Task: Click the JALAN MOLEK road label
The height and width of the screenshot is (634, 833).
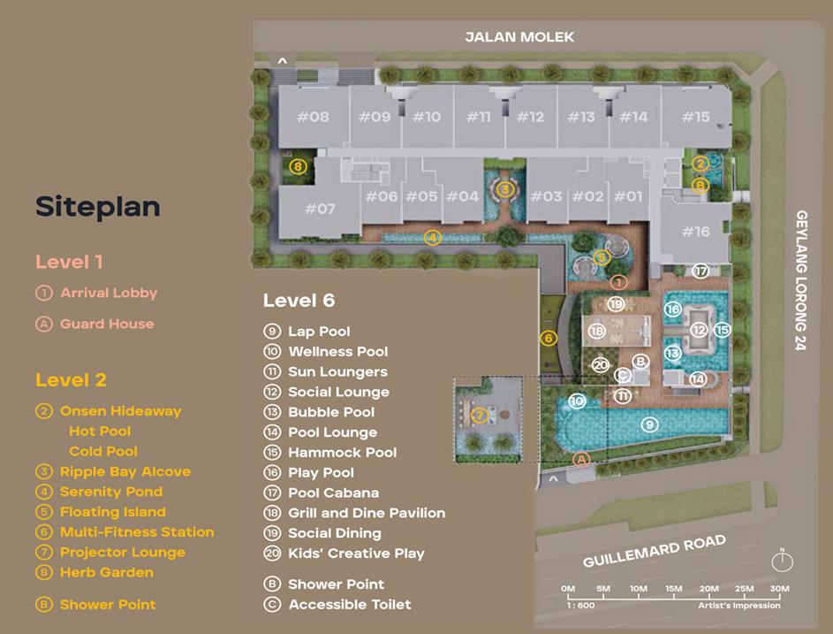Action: click(x=519, y=37)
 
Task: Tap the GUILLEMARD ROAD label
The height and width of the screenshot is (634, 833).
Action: click(x=655, y=551)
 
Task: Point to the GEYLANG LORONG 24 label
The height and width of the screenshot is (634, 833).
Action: click(x=801, y=280)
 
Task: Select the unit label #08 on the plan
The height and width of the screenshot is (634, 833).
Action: click(x=313, y=117)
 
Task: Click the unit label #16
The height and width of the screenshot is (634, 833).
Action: click(x=696, y=232)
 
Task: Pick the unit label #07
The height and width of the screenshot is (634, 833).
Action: click(x=320, y=209)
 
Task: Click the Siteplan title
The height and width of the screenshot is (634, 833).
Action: click(x=98, y=206)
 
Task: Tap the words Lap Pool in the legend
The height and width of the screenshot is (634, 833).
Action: click(x=319, y=332)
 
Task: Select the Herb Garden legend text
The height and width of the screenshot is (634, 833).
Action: click(x=107, y=572)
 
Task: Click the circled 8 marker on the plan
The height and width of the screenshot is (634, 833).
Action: click(x=298, y=166)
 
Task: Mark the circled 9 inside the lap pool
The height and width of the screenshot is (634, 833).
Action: click(x=649, y=424)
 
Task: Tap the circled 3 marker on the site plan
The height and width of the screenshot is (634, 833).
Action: click(x=504, y=189)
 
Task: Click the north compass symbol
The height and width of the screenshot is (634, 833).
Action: click(x=782, y=561)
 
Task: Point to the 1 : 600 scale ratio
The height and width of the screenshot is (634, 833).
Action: click(x=580, y=606)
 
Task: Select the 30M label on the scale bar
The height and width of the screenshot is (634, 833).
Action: click(x=779, y=588)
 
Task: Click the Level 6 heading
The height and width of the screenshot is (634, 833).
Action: click(x=299, y=301)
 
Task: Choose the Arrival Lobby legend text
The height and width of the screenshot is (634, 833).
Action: click(x=109, y=293)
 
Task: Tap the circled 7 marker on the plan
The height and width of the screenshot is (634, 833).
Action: click(x=480, y=415)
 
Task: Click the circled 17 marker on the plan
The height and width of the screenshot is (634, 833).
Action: click(x=701, y=271)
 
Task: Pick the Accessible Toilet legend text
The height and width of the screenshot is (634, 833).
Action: click(x=350, y=604)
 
